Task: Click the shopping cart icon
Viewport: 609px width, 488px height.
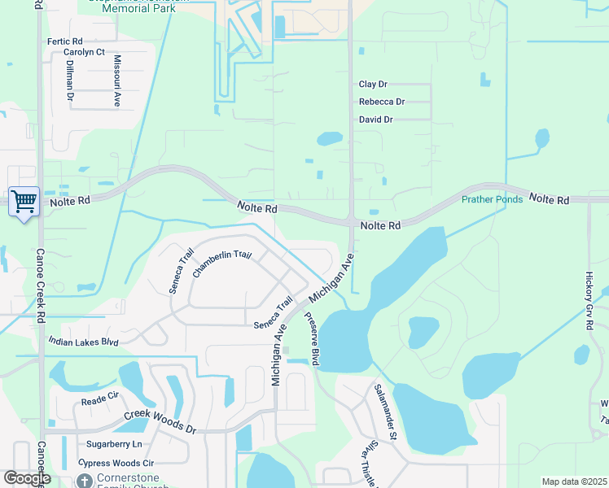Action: pos(24,200)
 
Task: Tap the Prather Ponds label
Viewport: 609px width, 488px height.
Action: pos(492,199)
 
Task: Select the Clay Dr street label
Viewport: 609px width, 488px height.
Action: pos(373,84)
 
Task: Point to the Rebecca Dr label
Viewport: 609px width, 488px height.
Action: pos(382,102)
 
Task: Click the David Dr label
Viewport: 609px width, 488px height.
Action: pos(375,120)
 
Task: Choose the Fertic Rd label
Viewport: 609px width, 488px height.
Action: pos(65,41)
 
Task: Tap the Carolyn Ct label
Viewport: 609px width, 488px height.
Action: pos(84,52)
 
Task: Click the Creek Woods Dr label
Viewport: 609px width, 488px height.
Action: pos(160,421)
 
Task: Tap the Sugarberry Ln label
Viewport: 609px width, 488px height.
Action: pos(114,444)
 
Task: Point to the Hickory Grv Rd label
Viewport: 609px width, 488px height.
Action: pos(589,301)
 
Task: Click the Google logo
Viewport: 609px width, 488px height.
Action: pos(27,478)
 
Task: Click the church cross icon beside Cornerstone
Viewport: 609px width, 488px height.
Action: pos(85,481)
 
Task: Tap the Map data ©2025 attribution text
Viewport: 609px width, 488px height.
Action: pos(574,481)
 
